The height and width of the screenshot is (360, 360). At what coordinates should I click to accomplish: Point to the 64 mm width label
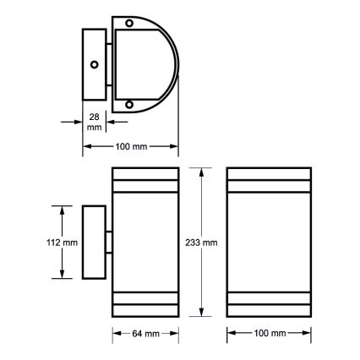click(x=146, y=334)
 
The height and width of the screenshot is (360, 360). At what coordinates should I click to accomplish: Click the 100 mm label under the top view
click(x=130, y=146)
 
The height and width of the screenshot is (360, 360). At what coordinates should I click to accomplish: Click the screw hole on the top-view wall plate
click(x=95, y=64)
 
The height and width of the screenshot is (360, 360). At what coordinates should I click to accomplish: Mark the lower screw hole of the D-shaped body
click(x=129, y=105)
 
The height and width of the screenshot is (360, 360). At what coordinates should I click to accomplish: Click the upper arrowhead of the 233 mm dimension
click(x=201, y=172)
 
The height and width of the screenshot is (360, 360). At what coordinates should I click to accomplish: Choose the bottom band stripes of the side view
click(x=146, y=300)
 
